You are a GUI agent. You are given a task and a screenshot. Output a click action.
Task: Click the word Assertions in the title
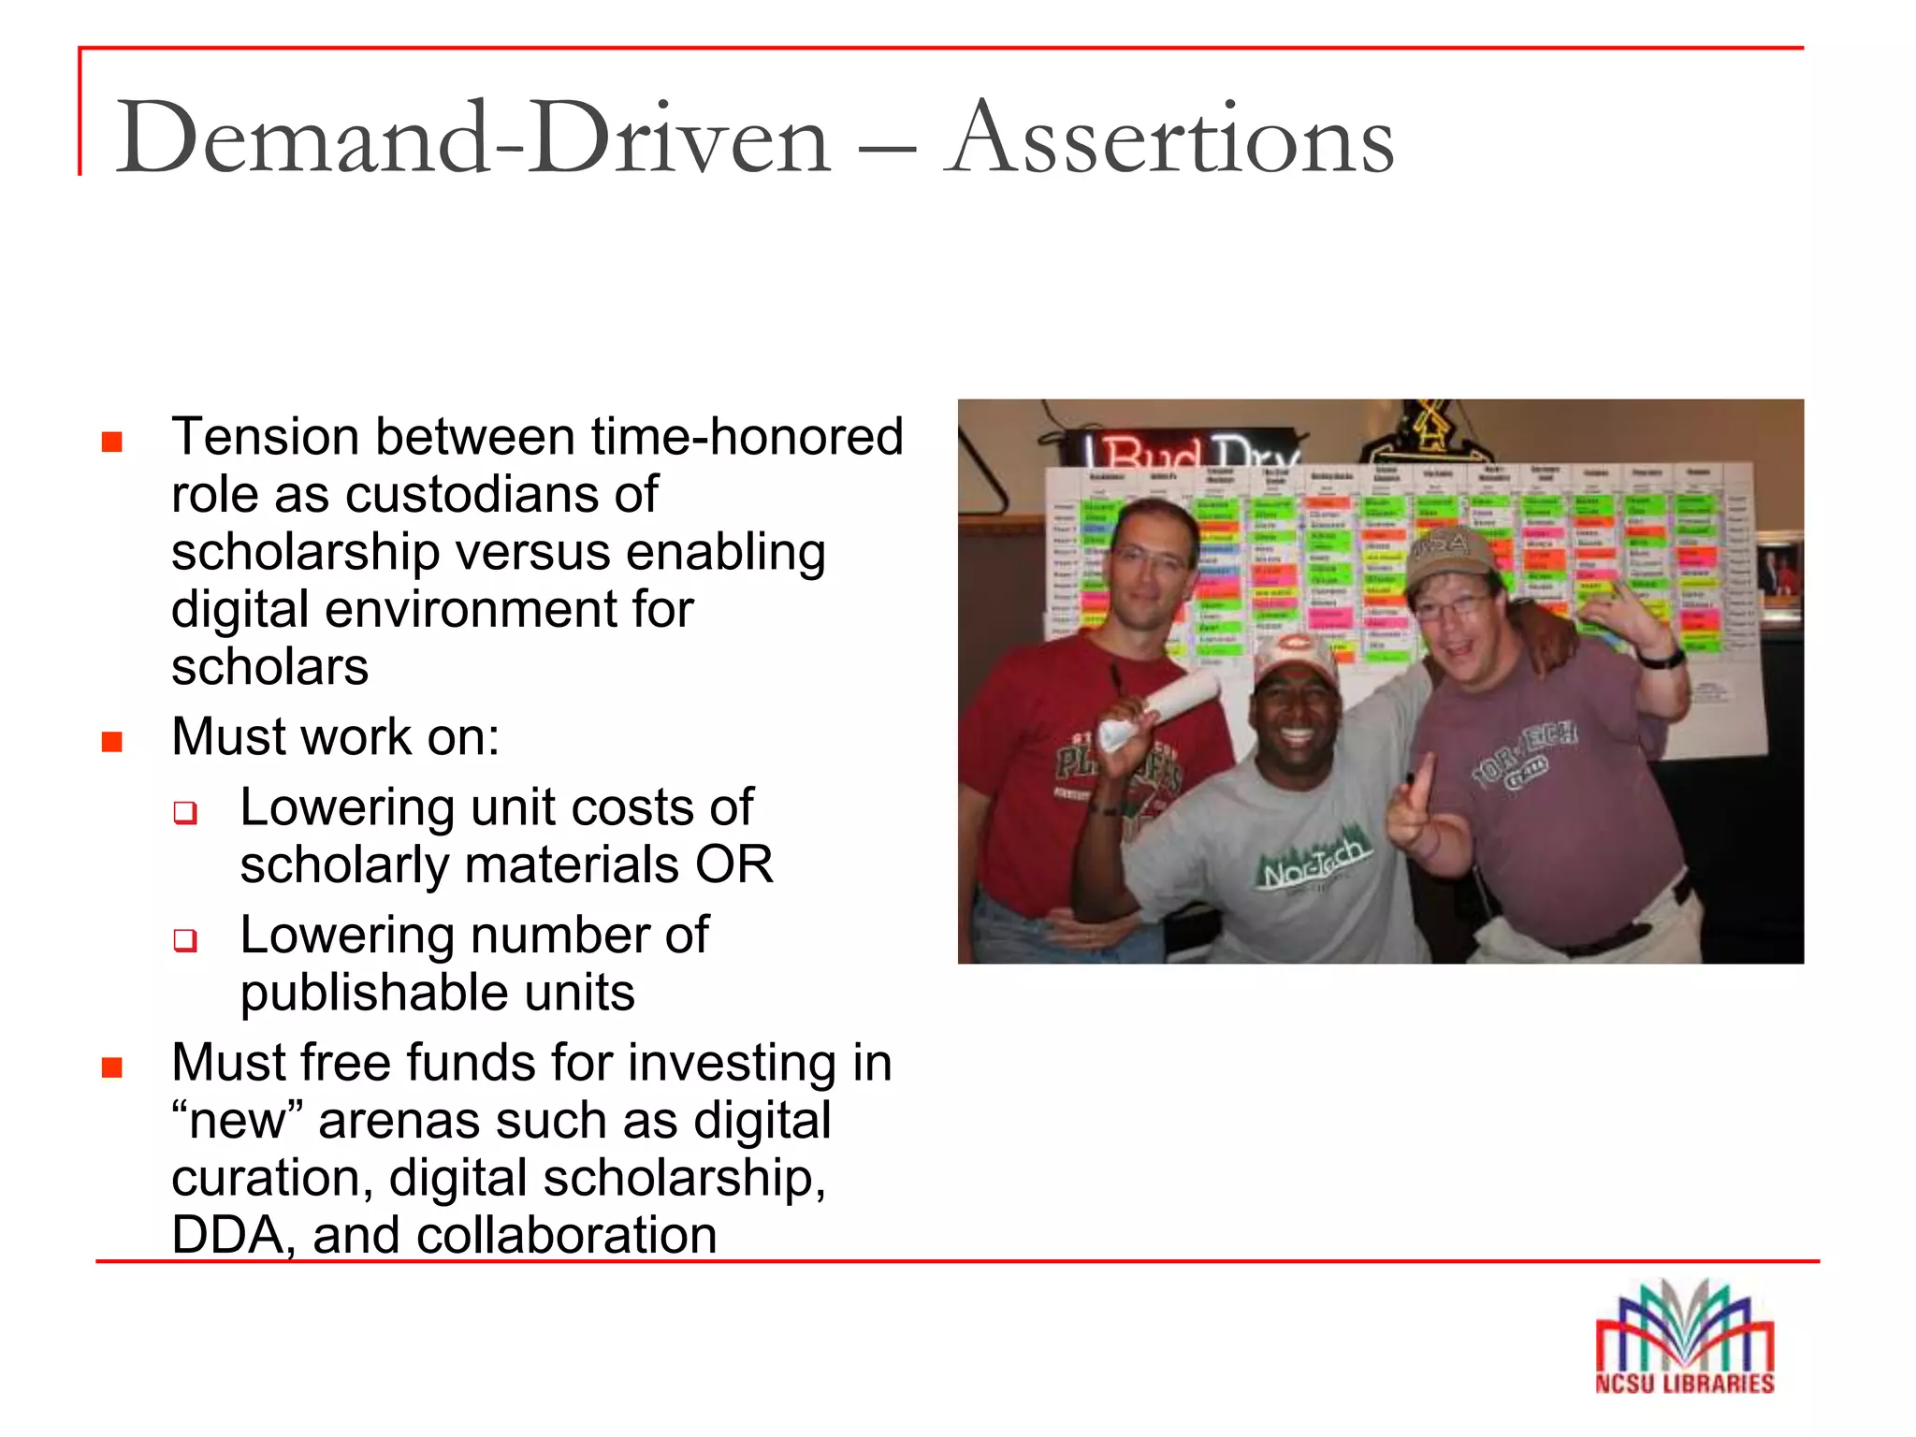pyautogui.click(x=1169, y=140)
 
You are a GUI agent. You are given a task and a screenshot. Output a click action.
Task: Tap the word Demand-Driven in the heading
pyautogui.click(x=472, y=140)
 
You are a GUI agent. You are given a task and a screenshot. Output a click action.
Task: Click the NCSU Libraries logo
pyautogui.click(x=1684, y=1338)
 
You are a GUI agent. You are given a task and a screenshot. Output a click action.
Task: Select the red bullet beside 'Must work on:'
pyautogui.click(x=112, y=742)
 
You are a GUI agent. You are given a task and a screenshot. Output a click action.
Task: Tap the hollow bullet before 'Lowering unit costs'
pyautogui.click(x=185, y=812)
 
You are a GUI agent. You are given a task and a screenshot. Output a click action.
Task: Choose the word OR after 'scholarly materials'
pyautogui.click(x=733, y=864)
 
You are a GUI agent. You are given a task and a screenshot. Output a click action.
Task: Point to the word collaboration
pyautogui.click(x=566, y=1236)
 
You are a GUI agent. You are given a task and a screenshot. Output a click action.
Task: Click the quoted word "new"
pyautogui.click(x=239, y=1121)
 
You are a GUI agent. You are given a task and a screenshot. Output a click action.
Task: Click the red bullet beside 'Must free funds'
pyautogui.click(x=112, y=1067)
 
